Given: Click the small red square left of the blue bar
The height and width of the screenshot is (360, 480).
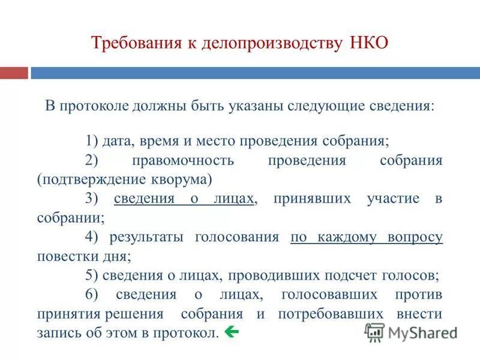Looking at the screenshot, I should [x=14, y=73].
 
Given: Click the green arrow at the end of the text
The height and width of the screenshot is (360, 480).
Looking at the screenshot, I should [x=230, y=331].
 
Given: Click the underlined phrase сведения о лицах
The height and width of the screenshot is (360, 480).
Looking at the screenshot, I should [x=184, y=199].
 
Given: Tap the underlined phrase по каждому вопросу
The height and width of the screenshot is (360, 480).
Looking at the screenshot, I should [x=367, y=237].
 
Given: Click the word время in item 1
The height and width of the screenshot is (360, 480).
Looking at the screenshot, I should [x=160, y=142].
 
